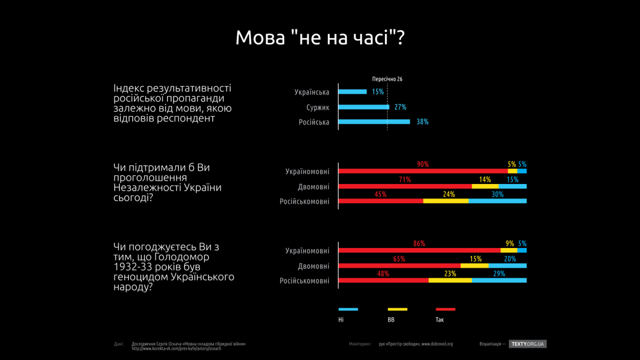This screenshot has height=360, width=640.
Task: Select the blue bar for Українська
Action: click(353, 92)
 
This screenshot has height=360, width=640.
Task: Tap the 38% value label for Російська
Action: click(422, 122)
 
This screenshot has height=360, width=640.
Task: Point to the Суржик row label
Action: click(318, 107)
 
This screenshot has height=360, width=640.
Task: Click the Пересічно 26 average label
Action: click(387, 79)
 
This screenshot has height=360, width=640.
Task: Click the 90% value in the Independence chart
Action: click(423, 164)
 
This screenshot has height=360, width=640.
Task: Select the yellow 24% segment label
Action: click(449, 194)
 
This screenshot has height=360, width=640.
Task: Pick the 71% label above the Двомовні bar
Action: click(404, 180)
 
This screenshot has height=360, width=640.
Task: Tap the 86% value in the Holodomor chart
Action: click(419, 244)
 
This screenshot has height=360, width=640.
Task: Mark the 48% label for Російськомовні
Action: click(382, 274)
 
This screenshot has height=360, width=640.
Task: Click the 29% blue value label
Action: click(499, 274)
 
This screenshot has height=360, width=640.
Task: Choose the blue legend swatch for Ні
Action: click(348, 309)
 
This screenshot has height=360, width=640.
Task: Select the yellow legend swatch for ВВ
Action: click(397, 309)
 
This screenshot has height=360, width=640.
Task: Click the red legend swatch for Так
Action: click(445, 309)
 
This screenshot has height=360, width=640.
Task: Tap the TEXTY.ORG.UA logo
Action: click(528, 344)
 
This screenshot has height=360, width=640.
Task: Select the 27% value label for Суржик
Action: click(400, 107)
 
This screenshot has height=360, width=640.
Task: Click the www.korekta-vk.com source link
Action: click(176, 348)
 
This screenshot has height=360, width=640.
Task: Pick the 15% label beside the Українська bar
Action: click(378, 92)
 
